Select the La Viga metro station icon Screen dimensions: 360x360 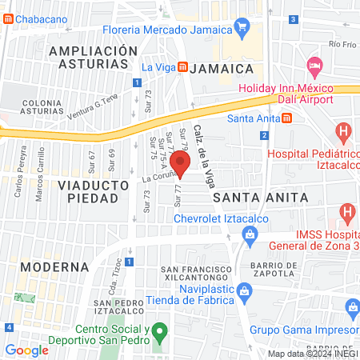[183, 67]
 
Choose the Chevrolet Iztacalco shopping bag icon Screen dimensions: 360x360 [250, 234]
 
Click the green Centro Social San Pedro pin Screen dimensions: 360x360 [159, 330]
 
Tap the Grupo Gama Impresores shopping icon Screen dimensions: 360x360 [352, 306]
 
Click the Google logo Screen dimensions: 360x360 [26, 350]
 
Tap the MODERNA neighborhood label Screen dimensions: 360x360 [54, 266]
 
